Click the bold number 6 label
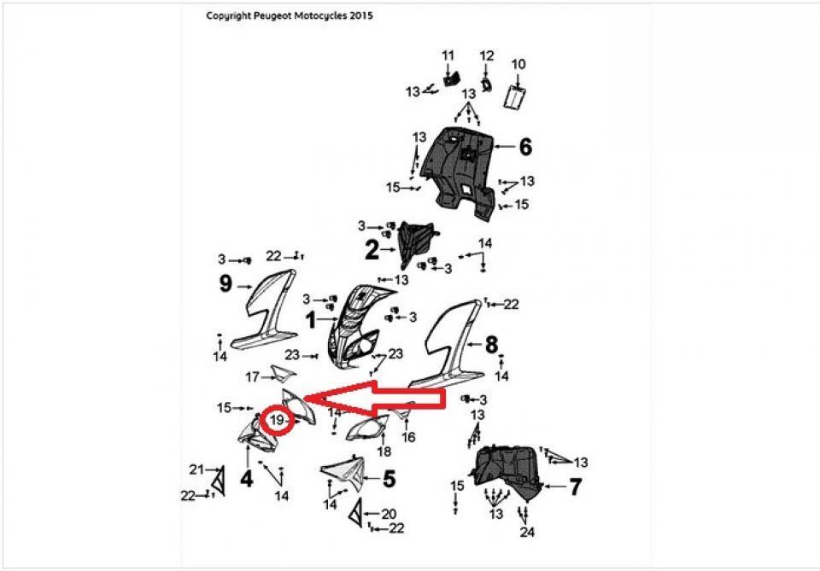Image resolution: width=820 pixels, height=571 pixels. [x=525, y=148]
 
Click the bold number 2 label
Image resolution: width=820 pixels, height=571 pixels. [x=372, y=250]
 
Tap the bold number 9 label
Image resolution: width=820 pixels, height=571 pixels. [x=225, y=283]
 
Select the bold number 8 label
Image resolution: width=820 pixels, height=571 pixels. [x=491, y=345]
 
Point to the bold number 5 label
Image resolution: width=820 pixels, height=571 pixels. [x=389, y=480]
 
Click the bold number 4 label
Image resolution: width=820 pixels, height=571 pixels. [x=246, y=479]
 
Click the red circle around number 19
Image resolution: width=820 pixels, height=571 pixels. [x=278, y=421]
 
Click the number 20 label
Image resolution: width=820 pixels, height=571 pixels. [x=389, y=514]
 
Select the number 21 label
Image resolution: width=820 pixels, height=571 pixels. [x=196, y=469]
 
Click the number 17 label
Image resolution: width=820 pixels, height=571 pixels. [x=253, y=376]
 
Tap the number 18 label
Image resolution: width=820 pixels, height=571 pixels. [x=384, y=452]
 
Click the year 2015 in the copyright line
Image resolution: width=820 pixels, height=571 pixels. [x=360, y=15]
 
